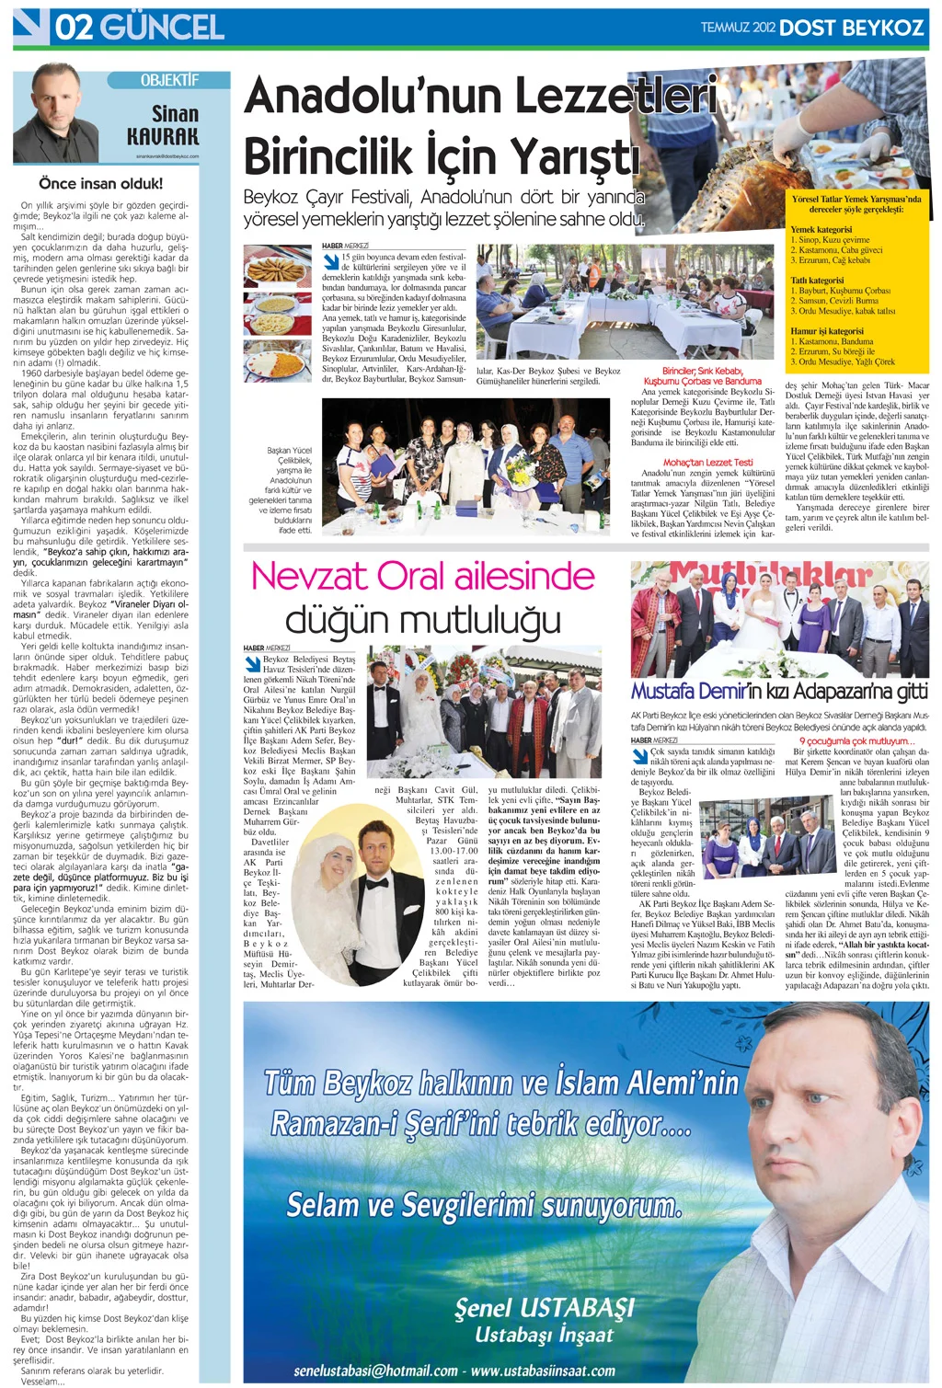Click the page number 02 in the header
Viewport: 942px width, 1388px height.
pos(74,27)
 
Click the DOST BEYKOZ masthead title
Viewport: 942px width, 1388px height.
pos(851,28)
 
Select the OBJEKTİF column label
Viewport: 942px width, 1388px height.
pos(169,81)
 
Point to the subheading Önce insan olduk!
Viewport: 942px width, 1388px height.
pos(101,183)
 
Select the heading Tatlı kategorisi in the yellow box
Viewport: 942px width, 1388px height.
pos(817,281)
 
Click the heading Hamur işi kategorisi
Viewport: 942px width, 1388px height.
pos(827,331)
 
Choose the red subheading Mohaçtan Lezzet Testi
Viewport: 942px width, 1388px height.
pos(707,463)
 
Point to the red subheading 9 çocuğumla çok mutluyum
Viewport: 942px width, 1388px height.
pos(855,740)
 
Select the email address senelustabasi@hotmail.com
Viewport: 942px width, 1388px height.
pos(375,1371)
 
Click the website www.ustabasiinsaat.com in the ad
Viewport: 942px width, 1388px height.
pos(543,1371)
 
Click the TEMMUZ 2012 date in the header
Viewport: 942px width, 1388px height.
pos(738,28)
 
